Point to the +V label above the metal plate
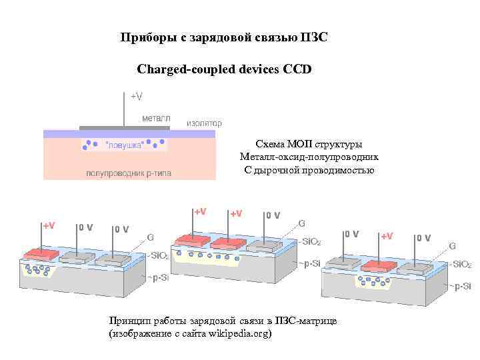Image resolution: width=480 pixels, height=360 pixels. pyautogui.click(x=135, y=97)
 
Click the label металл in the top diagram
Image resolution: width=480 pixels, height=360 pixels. pyautogui.click(x=156, y=117)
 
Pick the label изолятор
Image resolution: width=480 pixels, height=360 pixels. pyautogui.click(x=204, y=123)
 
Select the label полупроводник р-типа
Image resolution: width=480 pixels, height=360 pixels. pyautogui.click(x=128, y=173)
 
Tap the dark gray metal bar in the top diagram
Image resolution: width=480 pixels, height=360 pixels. pyautogui.click(x=123, y=127)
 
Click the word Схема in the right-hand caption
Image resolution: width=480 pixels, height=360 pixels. pyautogui.click(x=270, y=144)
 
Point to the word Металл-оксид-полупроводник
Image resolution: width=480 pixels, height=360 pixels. pyautogui.click(x=309, y=157)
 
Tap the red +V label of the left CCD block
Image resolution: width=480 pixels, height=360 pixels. pyautogui.click(x=49, y=225)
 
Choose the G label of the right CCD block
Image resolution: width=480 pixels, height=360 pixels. pyautogui.click(x=452, y=245)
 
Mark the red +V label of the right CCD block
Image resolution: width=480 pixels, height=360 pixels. pyautogui.click(x=387, y=235)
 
